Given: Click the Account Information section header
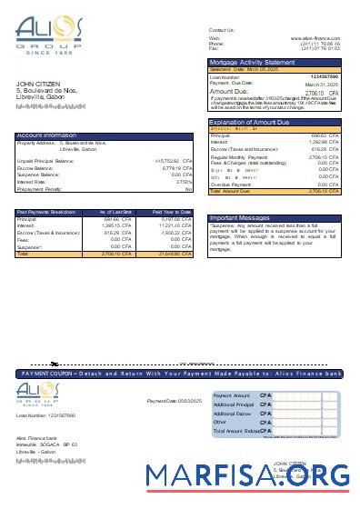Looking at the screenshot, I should point(46,135).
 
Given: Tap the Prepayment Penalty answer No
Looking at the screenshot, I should point(188,189).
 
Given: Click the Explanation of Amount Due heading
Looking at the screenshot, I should point(254,121).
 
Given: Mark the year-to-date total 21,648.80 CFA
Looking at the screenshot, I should point(173,254).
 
